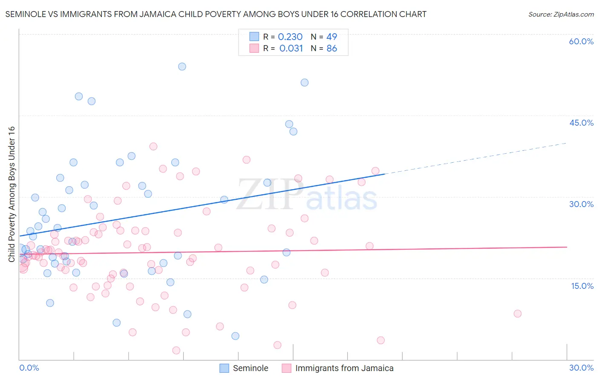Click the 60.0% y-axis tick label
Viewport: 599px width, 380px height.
[581, 41]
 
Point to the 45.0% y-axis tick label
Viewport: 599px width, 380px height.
[581, 123]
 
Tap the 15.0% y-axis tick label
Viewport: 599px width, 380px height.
[582, 285]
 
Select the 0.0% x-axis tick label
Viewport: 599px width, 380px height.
[29, 368]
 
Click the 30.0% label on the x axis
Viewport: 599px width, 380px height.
[581, 368]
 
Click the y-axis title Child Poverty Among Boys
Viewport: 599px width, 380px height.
[12, 194]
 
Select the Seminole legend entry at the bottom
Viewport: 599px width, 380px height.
[250, 368]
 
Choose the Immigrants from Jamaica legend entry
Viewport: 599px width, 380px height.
[344, 368]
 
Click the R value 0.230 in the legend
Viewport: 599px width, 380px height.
[290, 37]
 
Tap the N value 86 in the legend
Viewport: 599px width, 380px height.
[331, 49]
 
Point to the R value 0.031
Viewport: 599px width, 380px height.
[291, 49]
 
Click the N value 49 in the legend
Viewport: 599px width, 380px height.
[331, 37]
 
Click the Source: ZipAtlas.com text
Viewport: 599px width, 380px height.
[561, 14]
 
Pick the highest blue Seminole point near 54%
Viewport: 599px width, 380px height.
[182, 66]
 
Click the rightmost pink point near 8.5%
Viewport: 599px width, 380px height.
[517, 314]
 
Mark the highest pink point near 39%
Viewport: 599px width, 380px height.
[153, 146]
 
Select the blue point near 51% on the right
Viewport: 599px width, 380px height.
[304, 83]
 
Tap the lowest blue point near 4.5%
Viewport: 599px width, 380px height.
[235, 336]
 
